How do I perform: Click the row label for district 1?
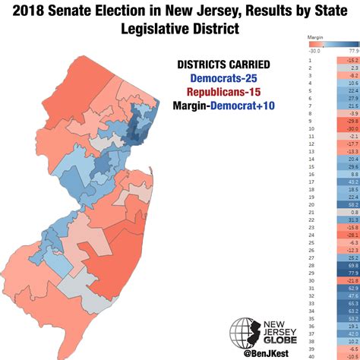(x=310, y=58)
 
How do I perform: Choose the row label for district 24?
(x=311, y=235)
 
